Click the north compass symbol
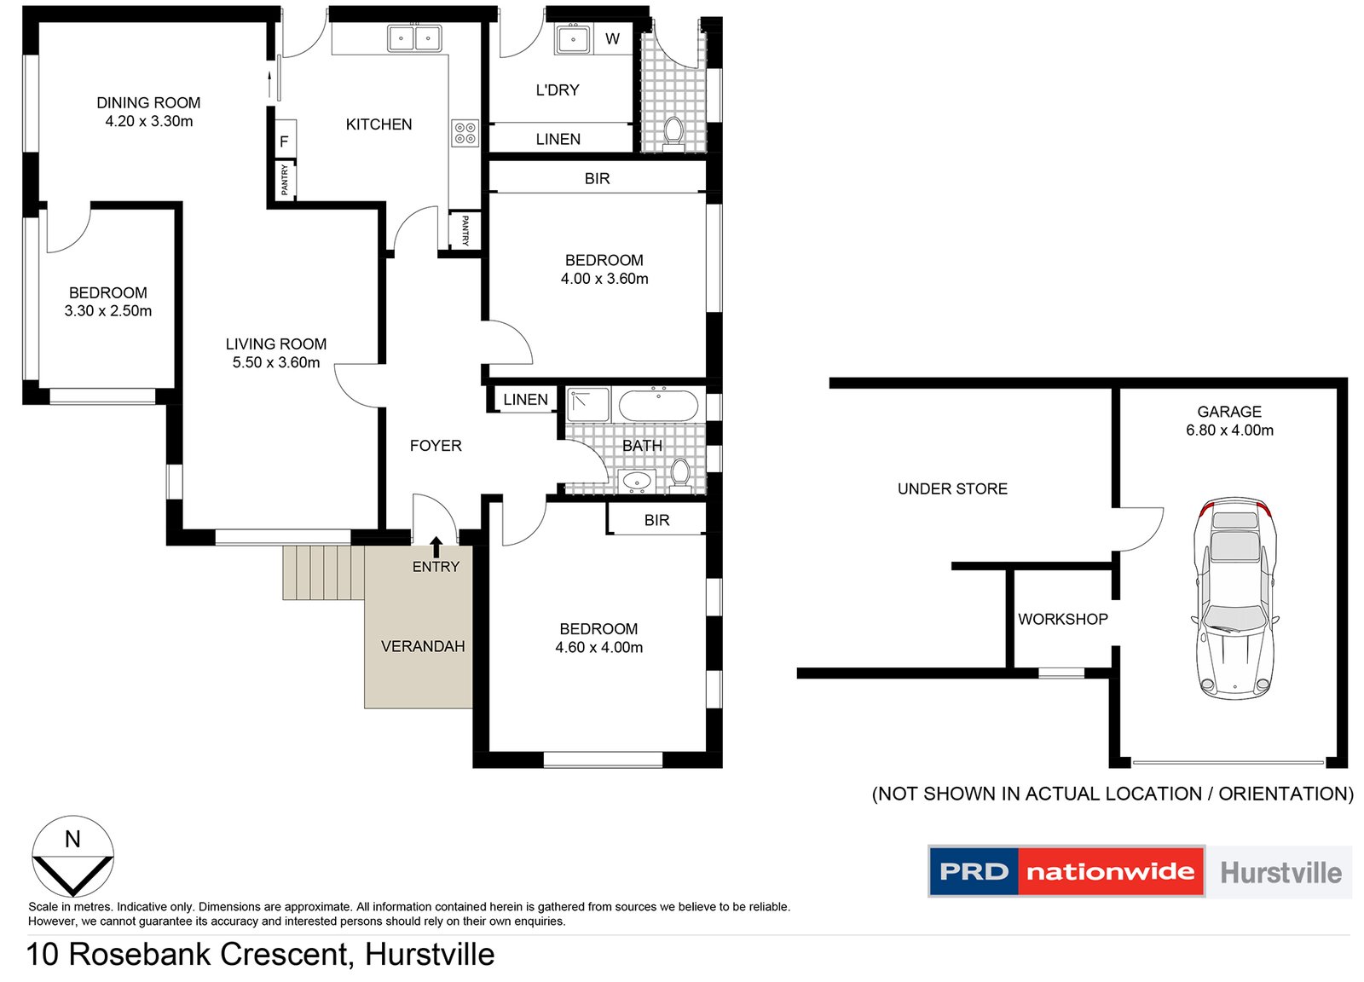coord(72,857)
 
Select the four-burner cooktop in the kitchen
coord(465,133)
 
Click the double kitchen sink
coord(414,38)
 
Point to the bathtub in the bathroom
coord(658,405)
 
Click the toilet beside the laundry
coord(673,132)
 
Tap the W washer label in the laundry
coord(612,39)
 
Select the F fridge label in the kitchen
coord(284,142)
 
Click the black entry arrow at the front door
coord(436,546)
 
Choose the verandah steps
coord(323,573)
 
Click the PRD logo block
coord(974,871)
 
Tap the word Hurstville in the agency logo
coord(1280,872)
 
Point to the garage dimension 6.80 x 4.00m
coord(1229,430)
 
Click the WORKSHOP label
coord(1062,620)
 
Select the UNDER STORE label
coord(952,488)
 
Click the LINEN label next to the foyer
coord(525,400)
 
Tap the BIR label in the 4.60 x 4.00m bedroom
coord(656,520)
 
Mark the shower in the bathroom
coord(588,405)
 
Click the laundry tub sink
coord(573,39)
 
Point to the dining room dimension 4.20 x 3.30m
coord(149,121)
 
